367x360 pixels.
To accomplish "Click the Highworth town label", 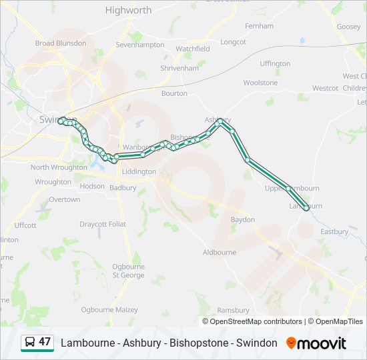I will click(128, 10).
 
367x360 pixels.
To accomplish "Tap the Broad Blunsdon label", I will click(61, 43).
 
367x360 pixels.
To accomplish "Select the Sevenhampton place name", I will click(140, 45).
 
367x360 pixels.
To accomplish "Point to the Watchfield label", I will click(192, 49).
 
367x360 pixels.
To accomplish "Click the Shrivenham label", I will click(179, 68).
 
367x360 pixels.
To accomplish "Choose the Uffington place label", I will click(275, 64).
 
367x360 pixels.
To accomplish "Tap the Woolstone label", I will click(260, 83).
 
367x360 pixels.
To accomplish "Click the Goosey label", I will click(348, 27).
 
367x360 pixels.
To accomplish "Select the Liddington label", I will click(139, 171).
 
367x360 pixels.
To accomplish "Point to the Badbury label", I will click(123, 188).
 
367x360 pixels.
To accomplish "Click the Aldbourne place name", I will click(219, 253).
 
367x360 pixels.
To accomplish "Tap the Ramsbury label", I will click(234, 310).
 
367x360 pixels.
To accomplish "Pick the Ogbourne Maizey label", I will click(109, 310).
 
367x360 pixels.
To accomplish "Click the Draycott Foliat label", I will click(103, 224).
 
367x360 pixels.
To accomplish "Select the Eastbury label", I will click(334, 232).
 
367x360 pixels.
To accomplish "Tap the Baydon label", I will click(242, 219).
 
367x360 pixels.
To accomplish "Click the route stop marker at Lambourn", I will click(306, 208).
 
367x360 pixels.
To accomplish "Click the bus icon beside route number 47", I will click(30, 343).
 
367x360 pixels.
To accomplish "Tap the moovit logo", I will click(316, 343).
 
